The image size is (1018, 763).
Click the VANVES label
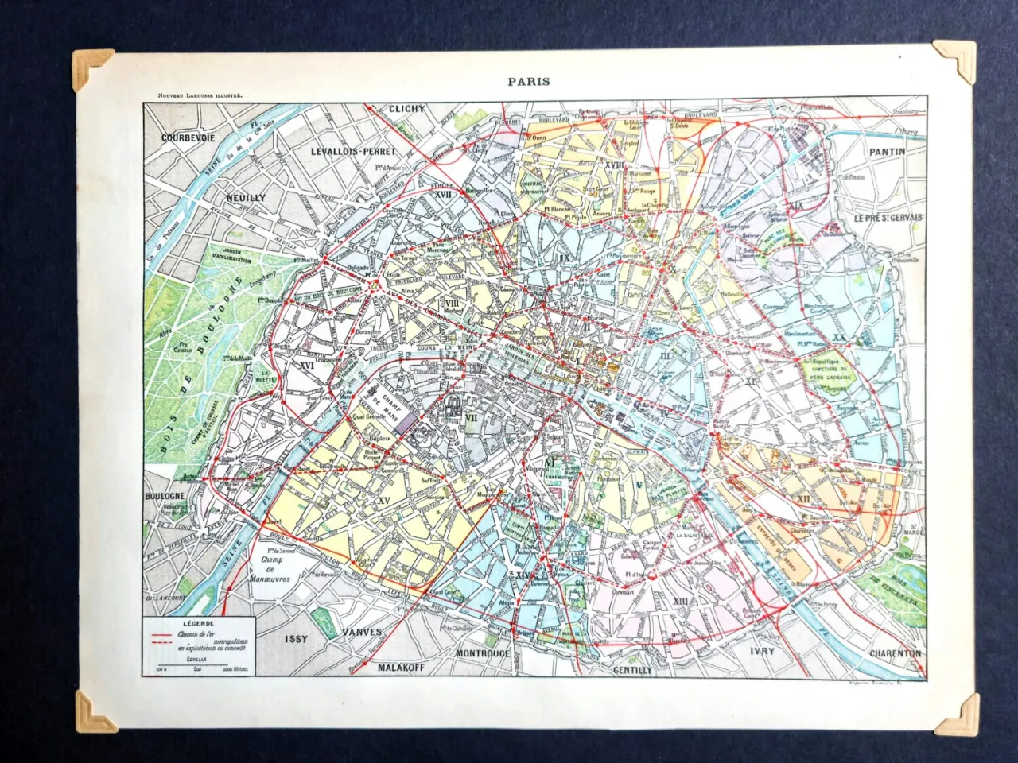[363, 633]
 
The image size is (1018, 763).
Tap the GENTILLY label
[632, 670]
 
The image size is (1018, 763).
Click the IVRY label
[762, 651]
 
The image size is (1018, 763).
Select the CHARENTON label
[895, 653]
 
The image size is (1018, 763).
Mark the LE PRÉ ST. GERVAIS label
[888, 218]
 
